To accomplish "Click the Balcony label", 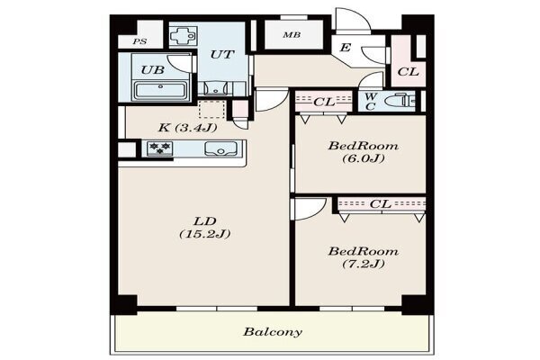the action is [273, 332].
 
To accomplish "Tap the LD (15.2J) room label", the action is [205, 228].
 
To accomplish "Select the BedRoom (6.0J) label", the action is [364, 152].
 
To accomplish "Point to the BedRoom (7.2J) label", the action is [364, 257].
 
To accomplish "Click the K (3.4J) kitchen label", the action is [187, 128].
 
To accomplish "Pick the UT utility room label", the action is [222, 54].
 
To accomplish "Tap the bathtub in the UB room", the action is [161, 90].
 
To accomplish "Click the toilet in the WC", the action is [400, 101].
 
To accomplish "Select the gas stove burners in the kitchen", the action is [159, 148].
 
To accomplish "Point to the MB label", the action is [292, 35].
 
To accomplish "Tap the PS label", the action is [139, 41].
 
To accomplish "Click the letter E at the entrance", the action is [345, 47].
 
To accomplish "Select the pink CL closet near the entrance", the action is [408, 61].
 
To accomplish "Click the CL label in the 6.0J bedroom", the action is [324, 102].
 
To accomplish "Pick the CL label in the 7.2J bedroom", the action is [381, 204].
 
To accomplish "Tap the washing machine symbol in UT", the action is [184, 35].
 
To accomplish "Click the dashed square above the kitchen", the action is [212, 109].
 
